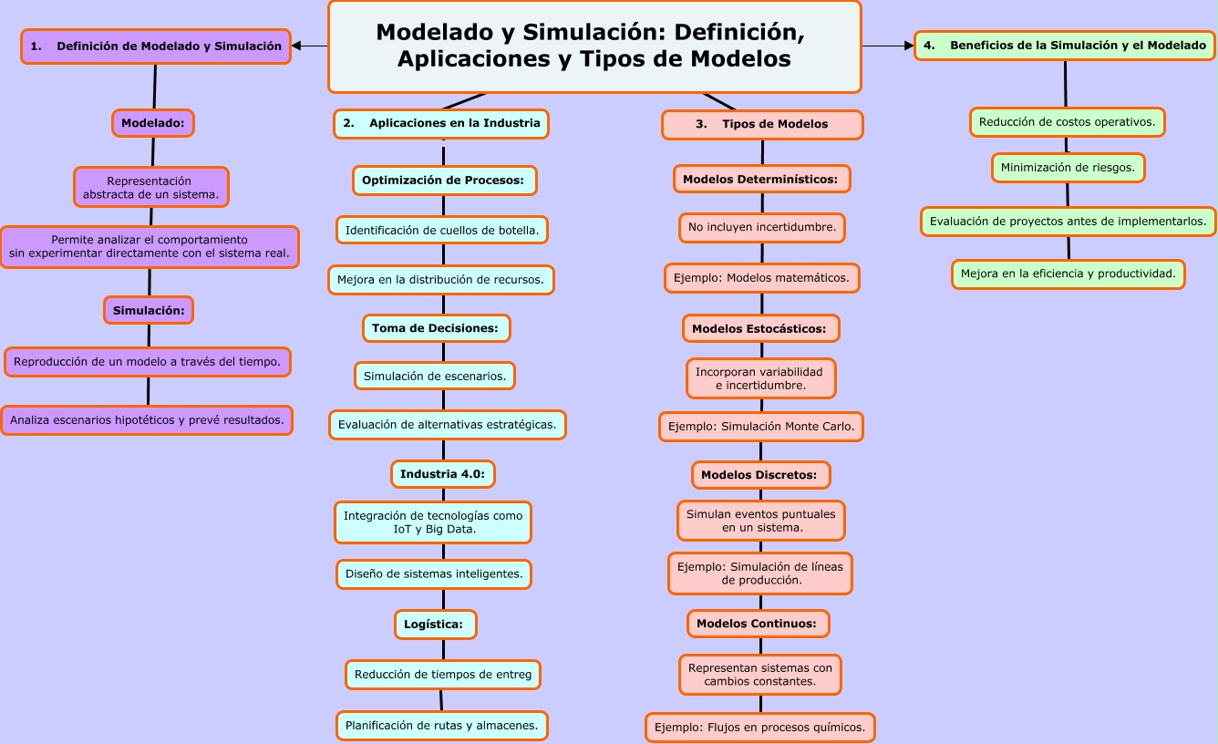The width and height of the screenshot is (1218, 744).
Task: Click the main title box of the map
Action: [x=594, y=46]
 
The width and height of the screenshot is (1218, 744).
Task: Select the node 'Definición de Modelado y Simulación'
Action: [x=155, y=46]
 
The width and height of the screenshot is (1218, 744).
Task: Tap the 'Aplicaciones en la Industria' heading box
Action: [x=441, y=123]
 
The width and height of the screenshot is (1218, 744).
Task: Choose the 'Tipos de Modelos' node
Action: [x=761, y=124]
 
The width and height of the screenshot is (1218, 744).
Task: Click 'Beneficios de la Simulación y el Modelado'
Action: [x=1065, y=46]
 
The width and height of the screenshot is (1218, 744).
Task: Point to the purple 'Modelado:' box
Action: [x=153, y=122]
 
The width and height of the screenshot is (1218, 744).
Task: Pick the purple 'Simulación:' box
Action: [x=149, y=310]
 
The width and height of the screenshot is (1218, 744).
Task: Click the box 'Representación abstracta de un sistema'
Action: [x=150, y=187]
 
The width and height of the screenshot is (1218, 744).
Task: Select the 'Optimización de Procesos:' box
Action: [x=444, y=181]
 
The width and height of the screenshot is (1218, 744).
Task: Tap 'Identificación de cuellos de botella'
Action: [x=442, y=230]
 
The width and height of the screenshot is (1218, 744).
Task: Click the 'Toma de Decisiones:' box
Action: [x=437, y=328]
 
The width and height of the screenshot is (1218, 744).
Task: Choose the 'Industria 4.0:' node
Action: [x=443, y=474]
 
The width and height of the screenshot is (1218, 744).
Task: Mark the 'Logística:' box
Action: [x=435, y=625]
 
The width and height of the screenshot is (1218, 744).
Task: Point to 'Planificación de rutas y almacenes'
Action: [x=442, y=726]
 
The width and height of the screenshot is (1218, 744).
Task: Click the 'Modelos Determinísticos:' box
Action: [x=761, y=180]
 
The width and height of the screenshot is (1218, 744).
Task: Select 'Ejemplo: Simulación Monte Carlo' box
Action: [x=761, y=426]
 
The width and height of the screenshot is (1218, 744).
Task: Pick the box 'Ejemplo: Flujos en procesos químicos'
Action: [x=761, y=728]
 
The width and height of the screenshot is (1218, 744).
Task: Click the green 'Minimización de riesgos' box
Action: [x=1068, y=168]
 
